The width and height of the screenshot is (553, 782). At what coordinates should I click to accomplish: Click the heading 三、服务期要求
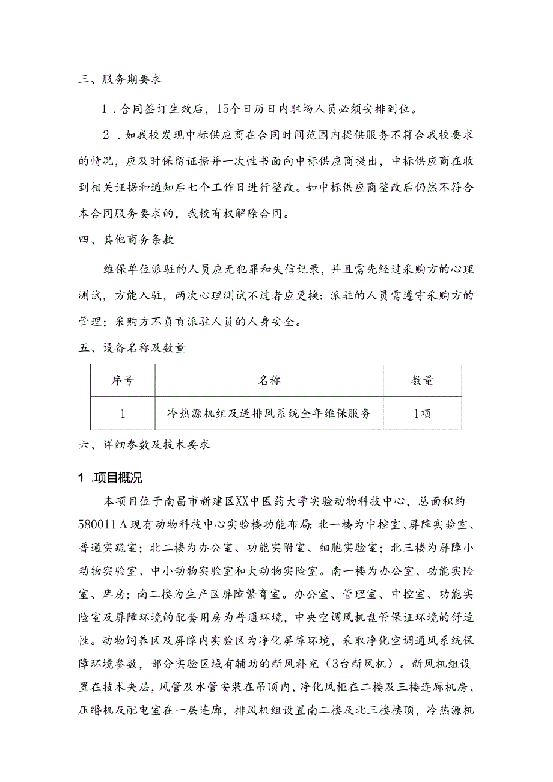[120, 79]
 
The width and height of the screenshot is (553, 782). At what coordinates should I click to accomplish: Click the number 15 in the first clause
[221, 109]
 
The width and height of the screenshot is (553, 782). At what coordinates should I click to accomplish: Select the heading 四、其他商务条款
[126, 239]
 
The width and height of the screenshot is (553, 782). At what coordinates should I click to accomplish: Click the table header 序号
[123, 380]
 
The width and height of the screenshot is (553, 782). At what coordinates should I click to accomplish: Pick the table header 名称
[269, 380]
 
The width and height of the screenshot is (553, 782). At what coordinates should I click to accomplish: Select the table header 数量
[422, 380]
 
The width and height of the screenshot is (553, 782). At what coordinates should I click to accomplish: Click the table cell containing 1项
[422, 414]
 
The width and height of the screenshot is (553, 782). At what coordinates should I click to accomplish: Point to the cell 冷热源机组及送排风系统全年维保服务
[269, 414]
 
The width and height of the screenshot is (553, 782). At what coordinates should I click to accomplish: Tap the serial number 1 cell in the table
[123, 414]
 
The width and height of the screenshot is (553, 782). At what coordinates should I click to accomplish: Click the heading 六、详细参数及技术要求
[144, 445]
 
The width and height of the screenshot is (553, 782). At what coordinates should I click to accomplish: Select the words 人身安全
[271, 321]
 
